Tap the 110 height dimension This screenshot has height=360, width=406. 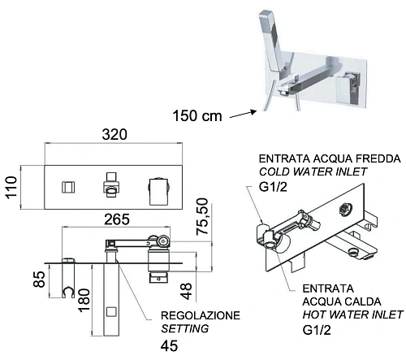[11, 189]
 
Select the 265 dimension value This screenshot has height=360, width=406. [119, 218]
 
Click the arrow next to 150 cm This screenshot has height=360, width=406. [242, 114]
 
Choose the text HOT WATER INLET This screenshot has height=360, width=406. [353, 314]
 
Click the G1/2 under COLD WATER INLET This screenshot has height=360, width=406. [274, 188]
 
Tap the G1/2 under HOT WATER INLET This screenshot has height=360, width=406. [317, 330]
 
